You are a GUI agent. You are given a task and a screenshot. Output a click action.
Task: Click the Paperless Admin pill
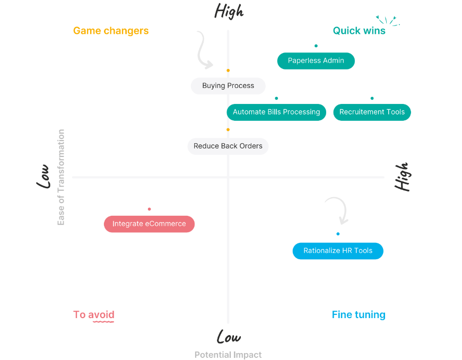[316, 61]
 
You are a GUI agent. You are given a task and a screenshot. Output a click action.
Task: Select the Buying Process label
[228, 86]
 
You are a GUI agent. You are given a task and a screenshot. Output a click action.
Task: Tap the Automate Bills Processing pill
[276, 112]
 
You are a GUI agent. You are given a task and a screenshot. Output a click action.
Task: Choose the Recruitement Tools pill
[372, 112]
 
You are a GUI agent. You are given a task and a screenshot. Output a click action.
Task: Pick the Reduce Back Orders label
[228, 146]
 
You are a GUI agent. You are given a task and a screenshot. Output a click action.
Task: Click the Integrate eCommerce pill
[149, 224]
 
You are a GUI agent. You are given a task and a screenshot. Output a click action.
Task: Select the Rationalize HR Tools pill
[338, 251]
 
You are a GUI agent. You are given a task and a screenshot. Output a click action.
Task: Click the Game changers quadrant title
[111, 31]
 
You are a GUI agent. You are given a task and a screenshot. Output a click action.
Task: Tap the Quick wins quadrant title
[359, 31]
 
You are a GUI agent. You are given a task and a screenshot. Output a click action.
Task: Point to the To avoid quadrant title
[94, 315]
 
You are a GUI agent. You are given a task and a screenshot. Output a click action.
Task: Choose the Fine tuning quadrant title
[359, 315]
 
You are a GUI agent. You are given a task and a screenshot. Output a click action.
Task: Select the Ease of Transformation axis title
[61, 177]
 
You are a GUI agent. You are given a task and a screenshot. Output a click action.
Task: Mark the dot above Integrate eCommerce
[149, 209]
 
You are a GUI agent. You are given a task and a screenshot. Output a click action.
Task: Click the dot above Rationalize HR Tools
[338, 234]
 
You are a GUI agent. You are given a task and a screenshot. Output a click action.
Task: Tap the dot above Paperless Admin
[316, 46]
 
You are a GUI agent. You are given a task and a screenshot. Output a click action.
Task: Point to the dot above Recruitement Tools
[372, 98]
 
